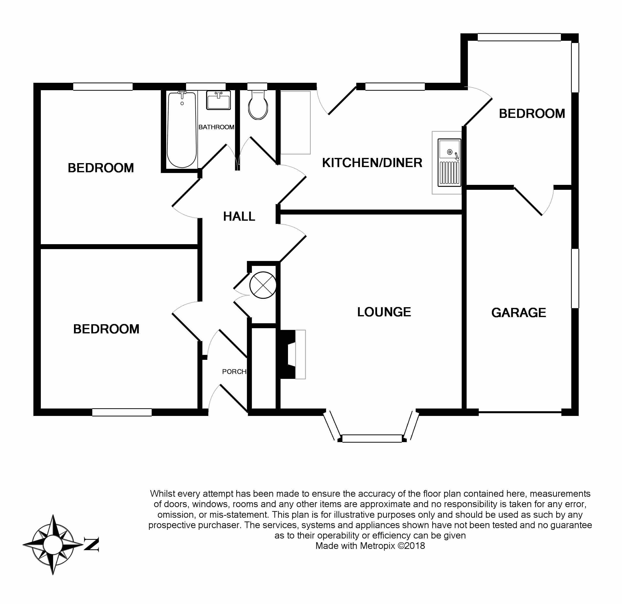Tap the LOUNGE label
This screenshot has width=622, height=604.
[x=384, y=312]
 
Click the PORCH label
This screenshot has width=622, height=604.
[x=234, y=371]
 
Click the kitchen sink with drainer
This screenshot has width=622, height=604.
[x=449, y=162]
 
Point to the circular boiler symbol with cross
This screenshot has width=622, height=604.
[x=263, y=285]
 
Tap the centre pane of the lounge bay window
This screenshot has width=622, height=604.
[x=372, y=438]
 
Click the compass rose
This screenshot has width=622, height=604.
[x=53, y=544]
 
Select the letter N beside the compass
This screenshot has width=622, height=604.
[x=92, y=544]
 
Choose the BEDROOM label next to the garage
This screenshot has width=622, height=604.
[x=532, y=114]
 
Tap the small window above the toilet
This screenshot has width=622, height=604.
[x=257, y=86]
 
